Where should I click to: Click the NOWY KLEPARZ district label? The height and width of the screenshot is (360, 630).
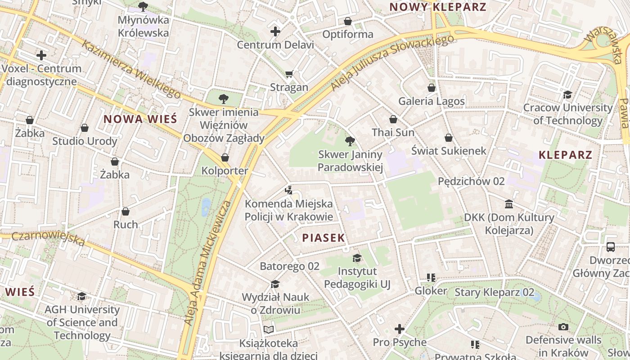click(438, 7)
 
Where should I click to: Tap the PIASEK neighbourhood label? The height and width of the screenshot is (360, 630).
click(324, 238)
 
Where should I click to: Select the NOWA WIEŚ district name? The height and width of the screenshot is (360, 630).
click(140, 119)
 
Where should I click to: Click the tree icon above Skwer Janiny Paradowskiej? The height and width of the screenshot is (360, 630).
click(350, 142)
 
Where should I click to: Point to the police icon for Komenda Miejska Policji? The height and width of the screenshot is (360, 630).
click(288, 190)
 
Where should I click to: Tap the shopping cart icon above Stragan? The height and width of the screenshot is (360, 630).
click(289, 74)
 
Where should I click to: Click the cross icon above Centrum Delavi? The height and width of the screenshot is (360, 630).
click(275, 31)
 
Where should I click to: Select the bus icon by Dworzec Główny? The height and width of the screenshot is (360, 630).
click(611, 247)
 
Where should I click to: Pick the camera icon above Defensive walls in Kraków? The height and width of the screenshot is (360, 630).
click(563, 327)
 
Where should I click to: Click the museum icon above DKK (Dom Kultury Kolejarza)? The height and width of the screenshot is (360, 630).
click(509, 204)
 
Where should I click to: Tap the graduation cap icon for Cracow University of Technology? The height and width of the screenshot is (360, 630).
click(567, 94)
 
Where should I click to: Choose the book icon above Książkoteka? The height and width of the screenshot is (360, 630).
click(269, 330)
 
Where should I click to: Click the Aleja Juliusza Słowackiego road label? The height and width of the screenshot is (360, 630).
click(392, 63)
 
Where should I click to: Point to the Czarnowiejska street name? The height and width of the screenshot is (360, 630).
click(48, 238)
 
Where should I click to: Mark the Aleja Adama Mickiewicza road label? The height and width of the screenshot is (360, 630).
click(207, 263)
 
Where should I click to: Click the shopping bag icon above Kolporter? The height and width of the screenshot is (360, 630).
click(225, 157)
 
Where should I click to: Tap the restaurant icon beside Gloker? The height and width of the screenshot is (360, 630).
click(431, 278)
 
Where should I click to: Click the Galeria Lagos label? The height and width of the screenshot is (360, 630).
click(431, 101)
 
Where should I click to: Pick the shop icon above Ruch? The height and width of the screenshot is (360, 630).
click(126, 211)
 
